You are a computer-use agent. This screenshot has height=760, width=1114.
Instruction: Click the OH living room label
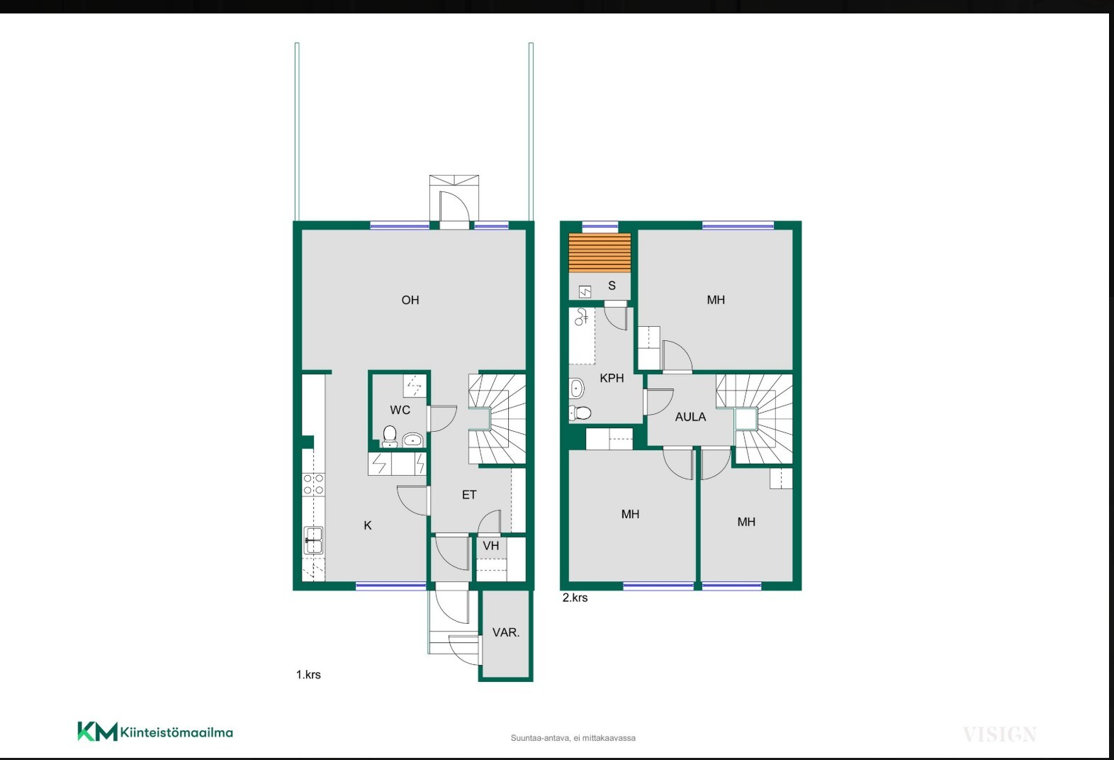[x=410, y=300]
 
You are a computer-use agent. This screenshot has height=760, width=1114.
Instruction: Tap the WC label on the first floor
[x=400, y=410]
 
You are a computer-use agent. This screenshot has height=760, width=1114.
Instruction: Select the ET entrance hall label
[x=469, y=495]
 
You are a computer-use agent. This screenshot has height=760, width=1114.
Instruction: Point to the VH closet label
[x=491, y=546]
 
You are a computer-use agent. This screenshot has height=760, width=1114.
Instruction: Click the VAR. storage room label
[x=506, y=632]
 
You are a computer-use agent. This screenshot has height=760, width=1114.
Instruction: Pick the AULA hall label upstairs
[x=690, y=417]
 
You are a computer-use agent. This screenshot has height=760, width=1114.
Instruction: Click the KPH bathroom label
[x=612, y=378]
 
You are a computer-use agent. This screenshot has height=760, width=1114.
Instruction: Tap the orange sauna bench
[x=600, y=252]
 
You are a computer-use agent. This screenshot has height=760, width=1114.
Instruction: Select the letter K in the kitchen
[x=368, y=525]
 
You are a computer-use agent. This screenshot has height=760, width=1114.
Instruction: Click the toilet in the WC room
[x=389, y=436]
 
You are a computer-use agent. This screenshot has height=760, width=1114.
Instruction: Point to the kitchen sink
[x=313, y=540]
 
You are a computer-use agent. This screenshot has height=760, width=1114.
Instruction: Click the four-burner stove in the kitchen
[x=313, y=484]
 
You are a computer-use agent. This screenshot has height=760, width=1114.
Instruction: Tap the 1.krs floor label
[x=308, y=675]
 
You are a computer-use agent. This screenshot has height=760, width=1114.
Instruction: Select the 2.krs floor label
[x=575, y=598]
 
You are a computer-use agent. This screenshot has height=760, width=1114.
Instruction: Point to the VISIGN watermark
[x=1000, y=734]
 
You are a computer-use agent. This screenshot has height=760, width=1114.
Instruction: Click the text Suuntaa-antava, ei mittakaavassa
[x=573, y=738]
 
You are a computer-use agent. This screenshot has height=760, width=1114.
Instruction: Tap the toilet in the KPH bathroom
[x=580, y=413]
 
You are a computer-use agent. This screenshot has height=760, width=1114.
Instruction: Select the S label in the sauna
[x=612, y=286]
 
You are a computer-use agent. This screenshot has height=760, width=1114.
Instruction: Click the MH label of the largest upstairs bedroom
[x=716, y=300]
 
